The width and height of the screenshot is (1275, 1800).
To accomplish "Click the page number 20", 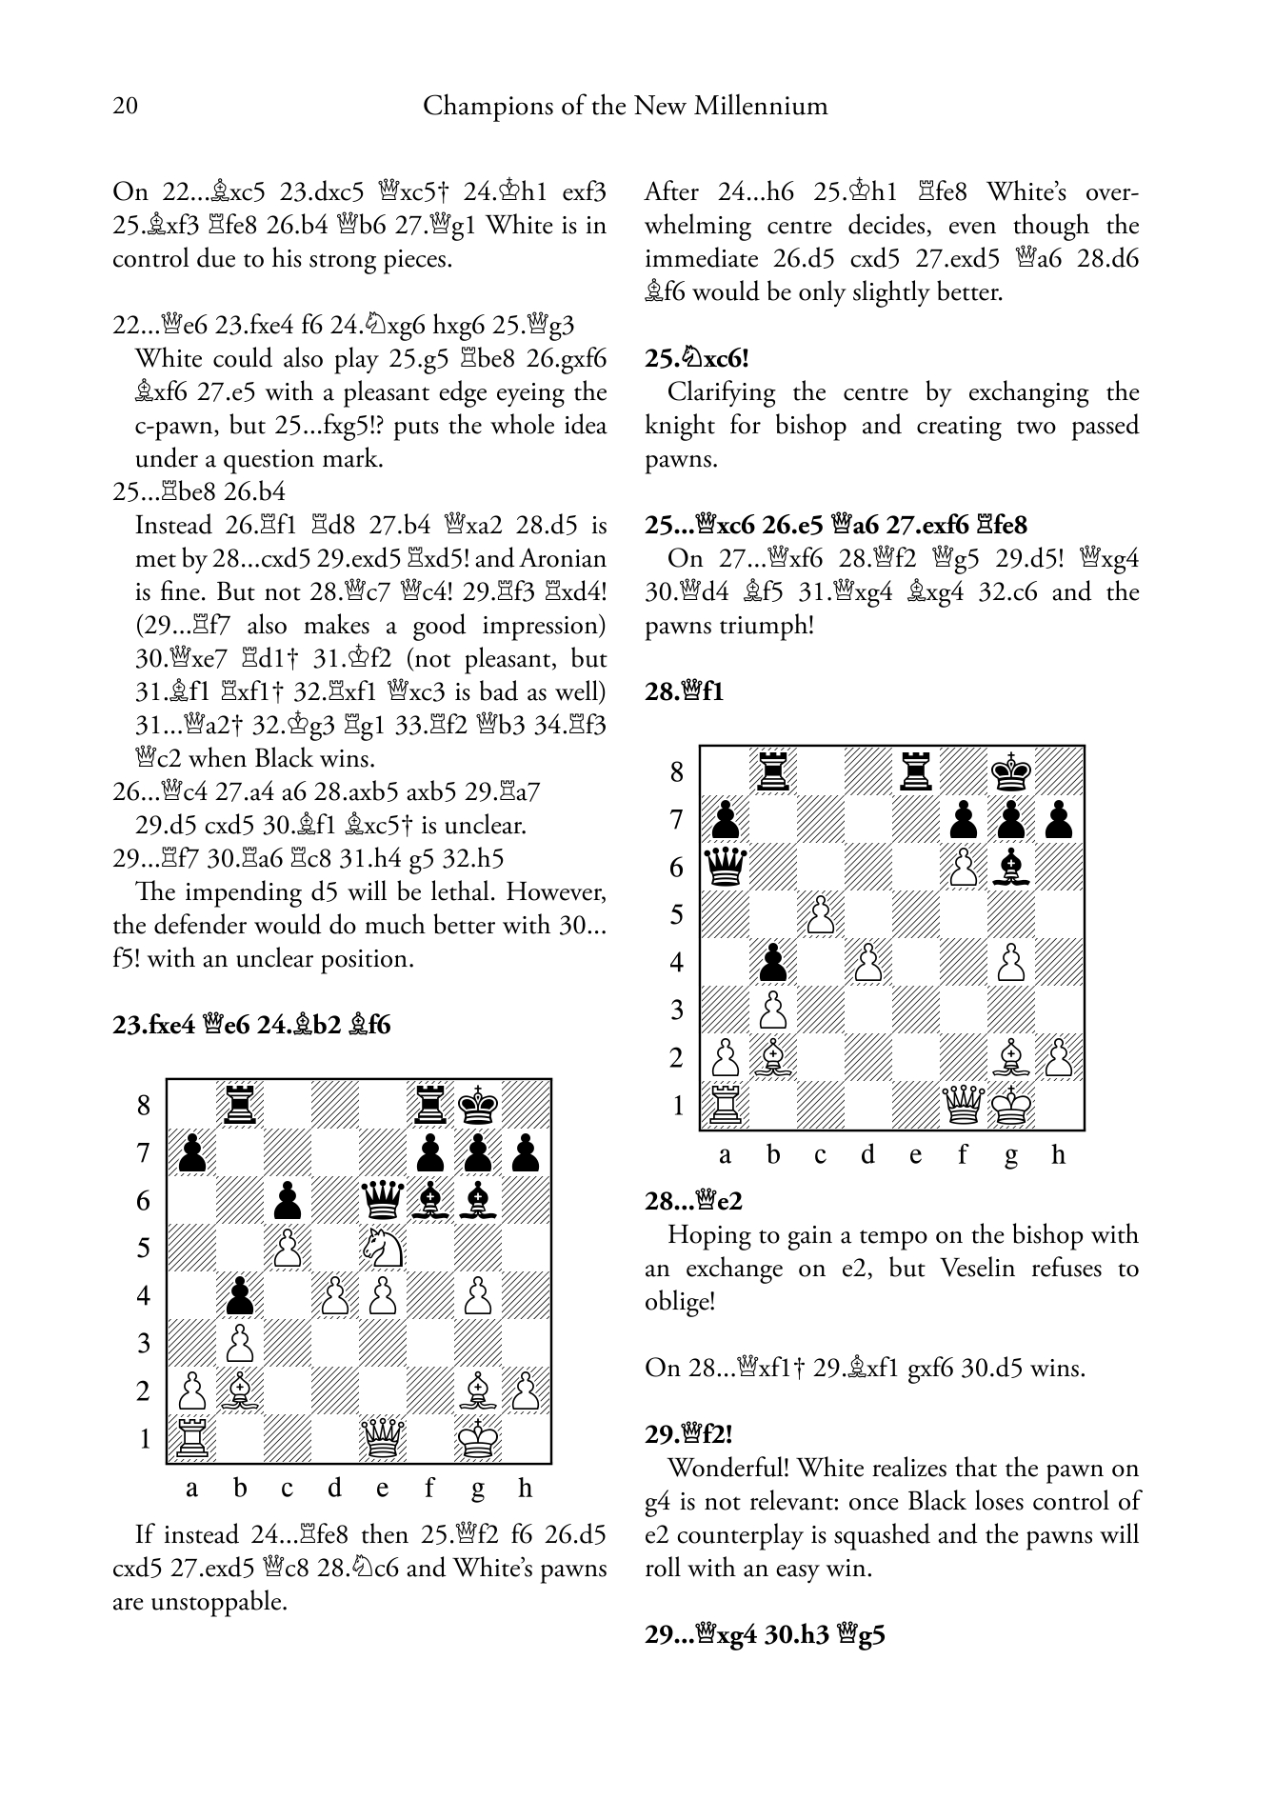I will [x=125, y=106].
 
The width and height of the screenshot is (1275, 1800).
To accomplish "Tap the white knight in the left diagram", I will [x=382, y=1248].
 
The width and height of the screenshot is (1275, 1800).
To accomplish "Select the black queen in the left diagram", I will [x=382, y=1200].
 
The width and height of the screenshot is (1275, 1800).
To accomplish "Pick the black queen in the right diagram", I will [x=725, y=867].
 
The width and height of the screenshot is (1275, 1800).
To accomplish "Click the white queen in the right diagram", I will [x=963, y=1105].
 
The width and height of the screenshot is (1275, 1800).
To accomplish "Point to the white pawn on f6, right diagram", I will [x=963, y=867].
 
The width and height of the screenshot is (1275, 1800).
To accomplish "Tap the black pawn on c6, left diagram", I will [x=287, y=1200].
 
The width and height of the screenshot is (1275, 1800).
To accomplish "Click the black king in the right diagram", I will [x=1010, y=771].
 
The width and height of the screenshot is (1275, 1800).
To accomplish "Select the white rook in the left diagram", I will [x=191, y=1438].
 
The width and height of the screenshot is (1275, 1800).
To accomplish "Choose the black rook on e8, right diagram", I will [x=915, y=771].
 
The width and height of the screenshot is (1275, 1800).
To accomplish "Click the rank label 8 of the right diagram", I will [x=677, y=771].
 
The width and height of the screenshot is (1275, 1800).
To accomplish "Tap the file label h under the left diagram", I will [x=525, y=1488].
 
